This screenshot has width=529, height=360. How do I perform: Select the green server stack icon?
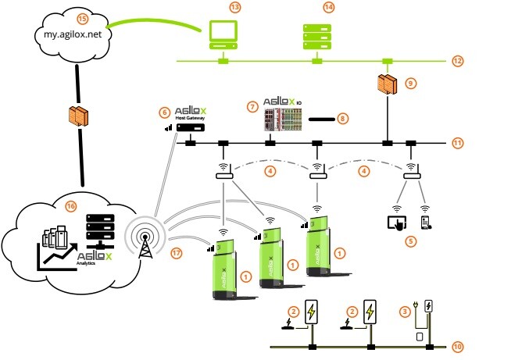pos(316,34)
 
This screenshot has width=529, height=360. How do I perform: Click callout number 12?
pos(458,60)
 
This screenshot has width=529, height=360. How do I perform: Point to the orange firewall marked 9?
pos(387,87)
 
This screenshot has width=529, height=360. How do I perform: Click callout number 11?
pos(458,143)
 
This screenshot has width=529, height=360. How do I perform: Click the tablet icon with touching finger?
pos(396,223)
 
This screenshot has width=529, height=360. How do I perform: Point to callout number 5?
pos(411,241)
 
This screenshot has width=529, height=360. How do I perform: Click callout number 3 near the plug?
pos(405,312)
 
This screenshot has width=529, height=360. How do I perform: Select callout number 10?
pos(458,345)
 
